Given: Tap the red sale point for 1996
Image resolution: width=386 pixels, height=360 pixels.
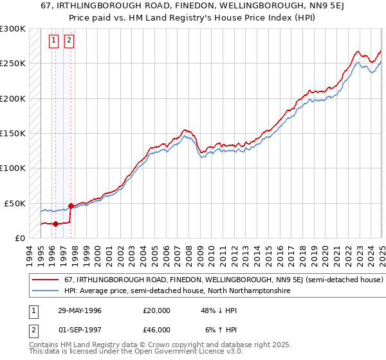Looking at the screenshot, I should click(55, 224).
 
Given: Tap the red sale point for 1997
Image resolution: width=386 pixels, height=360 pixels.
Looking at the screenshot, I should click(70, 206).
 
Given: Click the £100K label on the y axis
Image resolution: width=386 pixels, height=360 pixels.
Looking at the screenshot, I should click(14, 168).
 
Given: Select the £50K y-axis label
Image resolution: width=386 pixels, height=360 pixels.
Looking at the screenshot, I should click(16, 203).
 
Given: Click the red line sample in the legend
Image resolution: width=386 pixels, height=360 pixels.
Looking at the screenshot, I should click(45, 280).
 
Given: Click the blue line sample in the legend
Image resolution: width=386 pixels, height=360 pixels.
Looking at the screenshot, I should click(45, 291).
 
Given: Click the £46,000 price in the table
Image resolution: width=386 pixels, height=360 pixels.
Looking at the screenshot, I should click(156, 330).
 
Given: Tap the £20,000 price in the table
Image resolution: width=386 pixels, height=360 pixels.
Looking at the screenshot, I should click(156, 310).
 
